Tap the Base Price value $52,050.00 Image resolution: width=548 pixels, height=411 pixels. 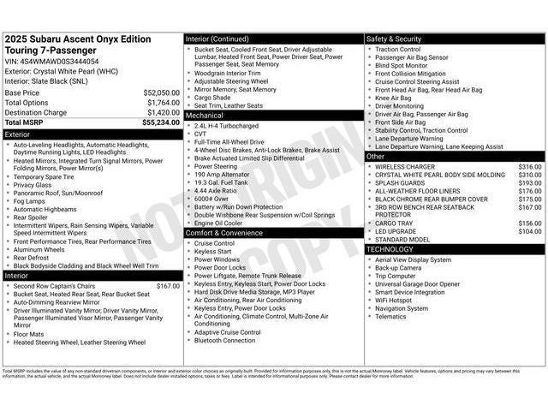coord(161,92)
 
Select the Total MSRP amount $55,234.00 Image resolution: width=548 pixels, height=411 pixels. coord(160,123)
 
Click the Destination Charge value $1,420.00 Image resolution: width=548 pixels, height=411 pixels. coord(163,112)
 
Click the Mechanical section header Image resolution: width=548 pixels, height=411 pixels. coord(205,115)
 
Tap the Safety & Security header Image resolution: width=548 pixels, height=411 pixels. coord(394,39)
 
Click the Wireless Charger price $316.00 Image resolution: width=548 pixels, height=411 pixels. coord(529,167)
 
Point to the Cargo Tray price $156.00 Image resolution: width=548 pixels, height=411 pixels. coord(529,223)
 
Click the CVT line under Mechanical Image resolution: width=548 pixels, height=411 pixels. coord(200,134)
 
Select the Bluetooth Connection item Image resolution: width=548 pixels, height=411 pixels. coord(224,341)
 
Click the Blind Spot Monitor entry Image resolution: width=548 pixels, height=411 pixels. coord(401,65)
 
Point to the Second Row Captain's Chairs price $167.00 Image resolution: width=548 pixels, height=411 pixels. coord(168,286)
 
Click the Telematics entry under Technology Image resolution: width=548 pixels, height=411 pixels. coord(390,317)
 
